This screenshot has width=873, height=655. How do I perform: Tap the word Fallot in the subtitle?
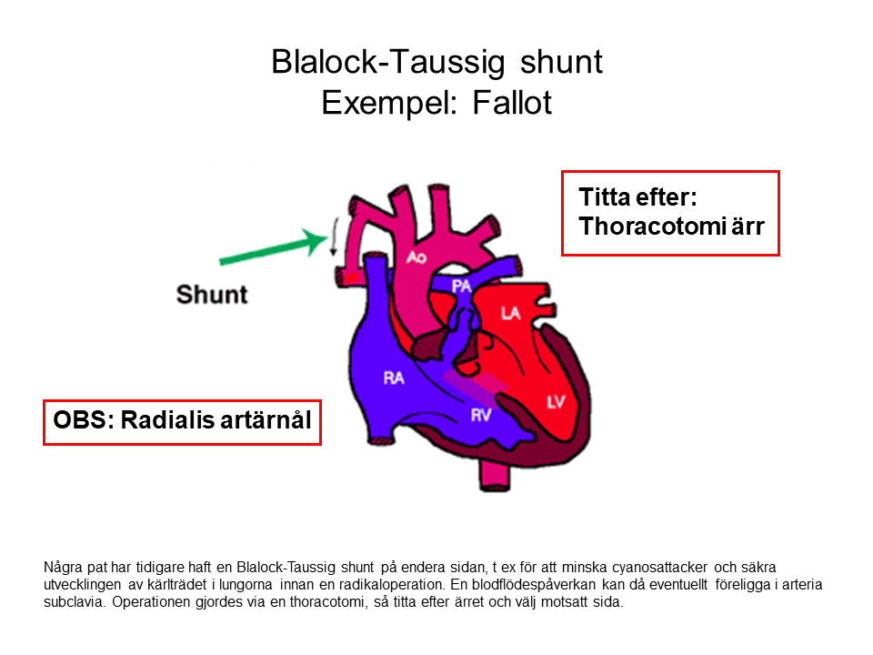[x=512, y=103]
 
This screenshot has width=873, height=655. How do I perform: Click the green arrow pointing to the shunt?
[x=274, y=251]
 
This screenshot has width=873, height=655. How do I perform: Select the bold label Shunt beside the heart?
[x=212, y=295]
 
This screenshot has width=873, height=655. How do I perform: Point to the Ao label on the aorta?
[x=416, y=258]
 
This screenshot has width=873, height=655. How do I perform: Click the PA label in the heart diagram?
[x=461, y=287]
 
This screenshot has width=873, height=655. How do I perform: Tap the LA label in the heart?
[x=511, y=314]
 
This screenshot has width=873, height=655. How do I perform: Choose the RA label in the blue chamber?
[x=393, y=378]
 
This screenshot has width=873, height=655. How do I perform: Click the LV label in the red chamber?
[x=556, y=401]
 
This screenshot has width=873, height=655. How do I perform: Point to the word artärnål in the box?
[x=268, y=420]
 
